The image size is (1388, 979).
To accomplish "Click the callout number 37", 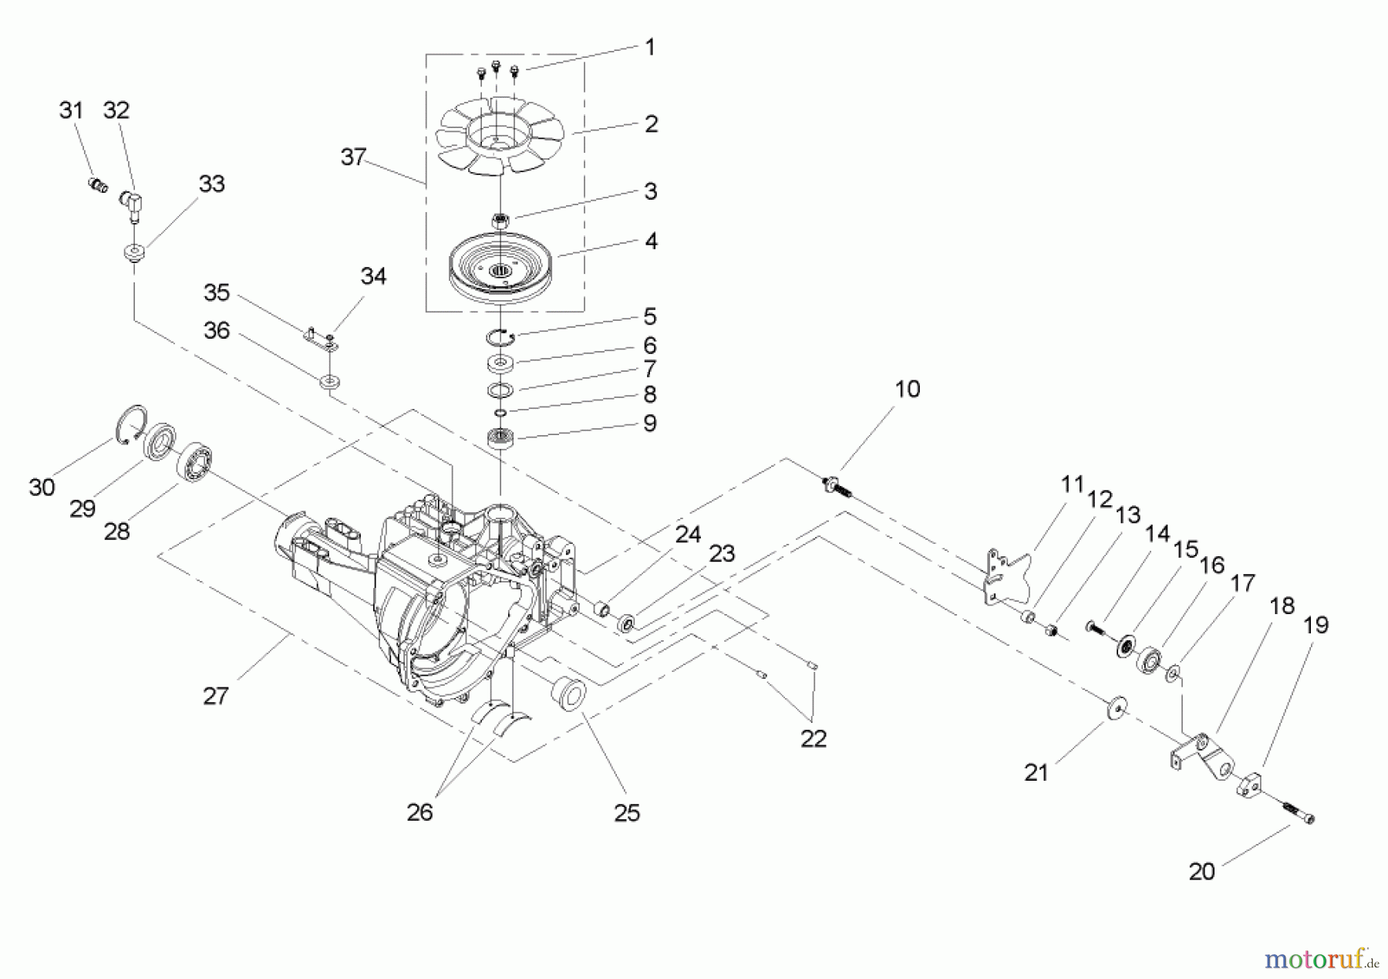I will pyautogui.click(x=353, y=157).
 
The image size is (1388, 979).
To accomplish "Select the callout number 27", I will pyautogui.click(x=216, y=697).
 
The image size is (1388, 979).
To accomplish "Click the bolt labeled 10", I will pyautogui.click(x=835, y=487).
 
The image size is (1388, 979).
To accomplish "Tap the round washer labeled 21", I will pyautogui.click(x=1115, y=708).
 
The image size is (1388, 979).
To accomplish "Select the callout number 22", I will pyautogui.click(x=814, y=738).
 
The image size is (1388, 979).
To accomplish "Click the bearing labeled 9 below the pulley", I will pyautogui.click(x=500, y=441).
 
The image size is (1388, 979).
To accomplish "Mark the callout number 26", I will pyautogui.click(x=420, y=812).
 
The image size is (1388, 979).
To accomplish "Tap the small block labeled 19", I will pyautogui.click(x=1251, y=786).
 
